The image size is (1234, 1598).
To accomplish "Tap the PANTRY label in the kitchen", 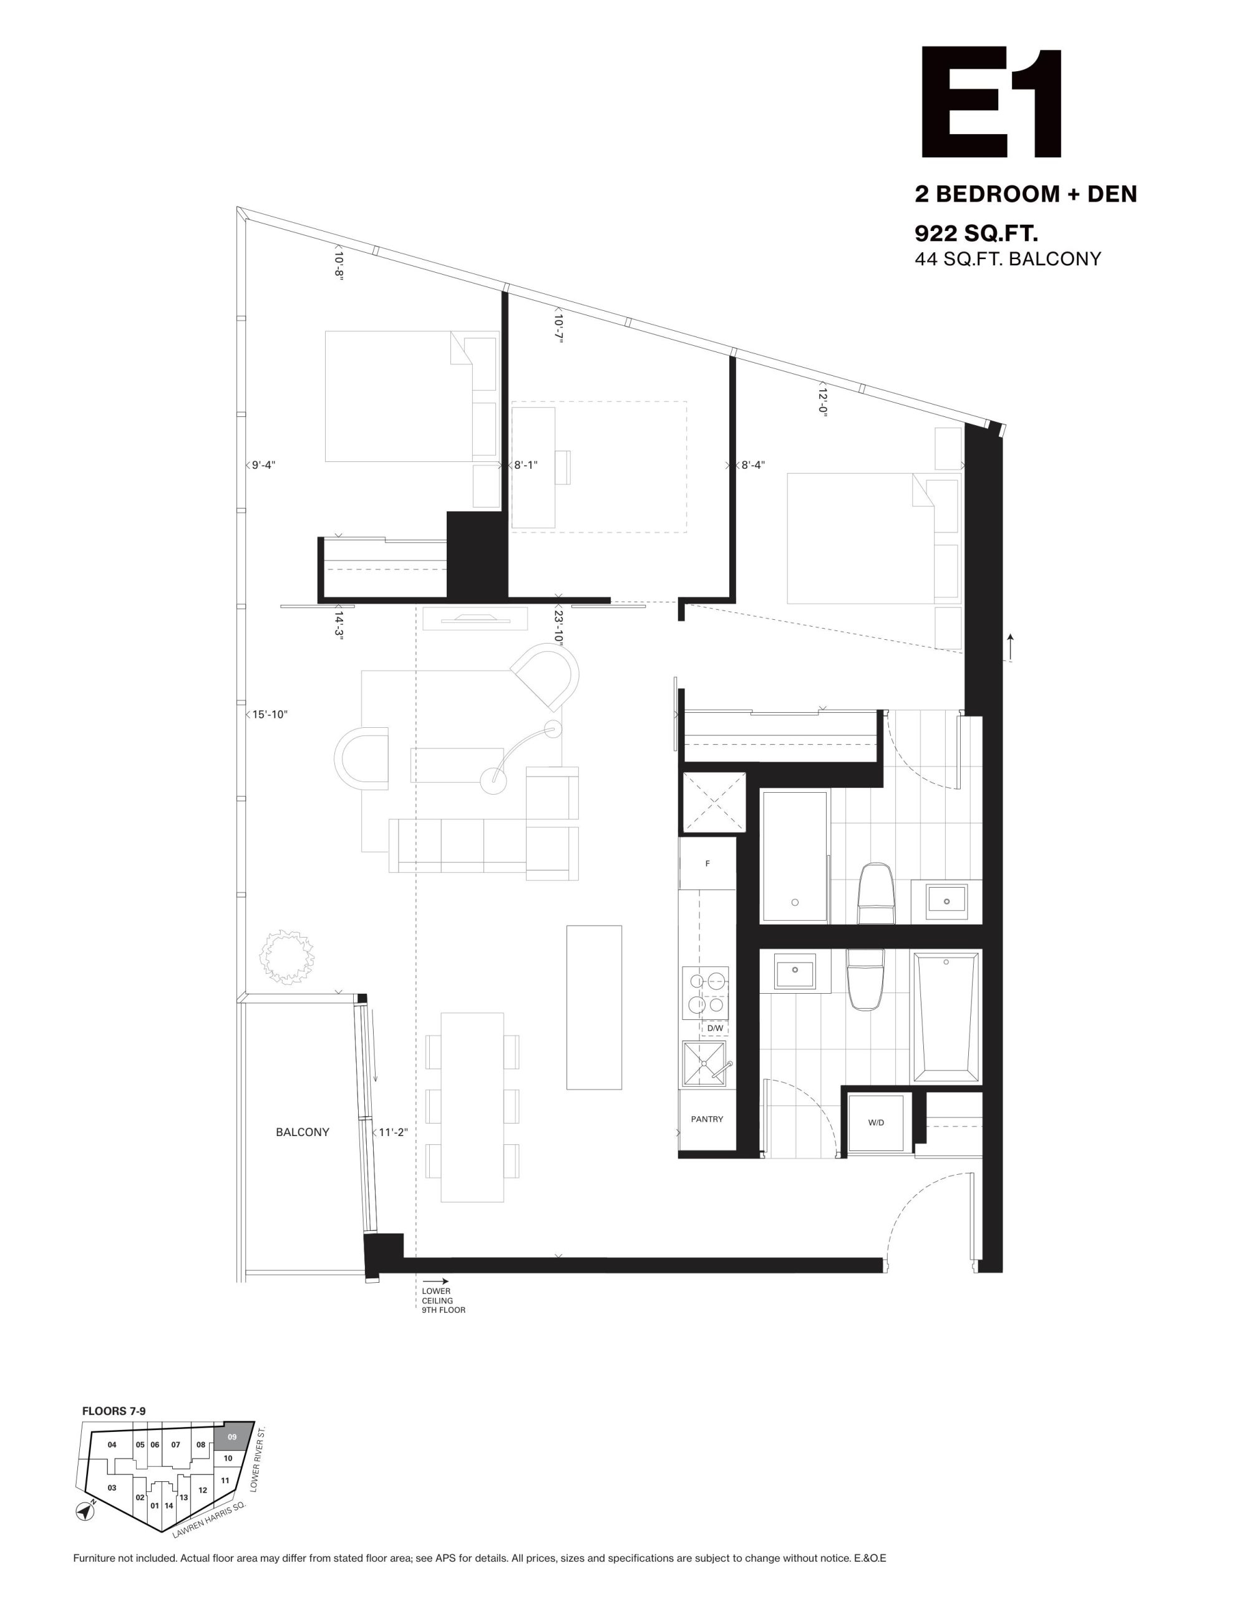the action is [x=707, y=1119].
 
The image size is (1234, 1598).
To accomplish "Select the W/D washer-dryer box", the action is [x=877, y=1123].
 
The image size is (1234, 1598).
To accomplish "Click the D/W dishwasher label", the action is [x=715, y=1028].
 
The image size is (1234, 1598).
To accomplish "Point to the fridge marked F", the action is [x=707, y=863].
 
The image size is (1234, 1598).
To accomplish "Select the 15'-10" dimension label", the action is [x=270, y=714].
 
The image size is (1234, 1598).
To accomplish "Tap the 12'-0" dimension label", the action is [x=822, y=401].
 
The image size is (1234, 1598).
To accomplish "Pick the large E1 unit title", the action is [x=992, y=102].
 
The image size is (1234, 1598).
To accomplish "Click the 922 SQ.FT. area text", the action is [x=976, y=234].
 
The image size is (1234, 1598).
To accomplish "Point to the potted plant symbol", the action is [x=288, y=957].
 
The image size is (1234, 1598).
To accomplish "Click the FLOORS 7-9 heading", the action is [x=109, y=1411].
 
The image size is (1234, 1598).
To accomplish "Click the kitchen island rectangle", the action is [x=594, y=1007].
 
